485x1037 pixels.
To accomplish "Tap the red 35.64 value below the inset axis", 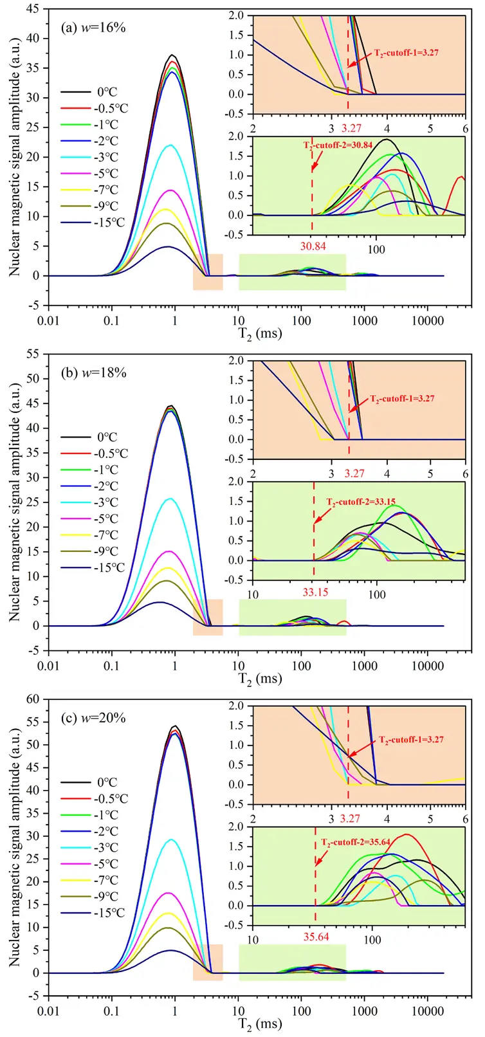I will click(316, 937).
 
